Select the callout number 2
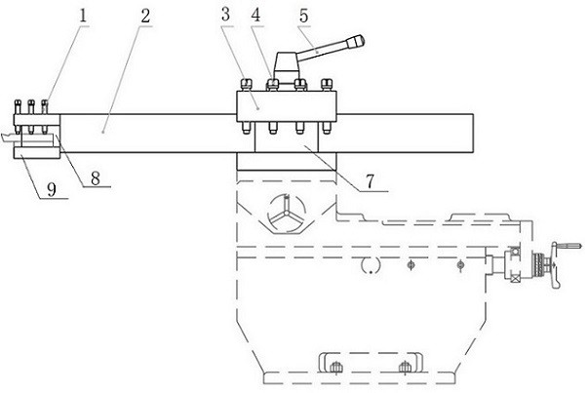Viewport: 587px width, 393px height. pyautogui.click(x=146, y=17)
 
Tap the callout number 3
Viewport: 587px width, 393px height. pyautogui.click(x=224, y=17)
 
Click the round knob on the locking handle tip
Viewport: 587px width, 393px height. pyautogui.click(x=360, y=41)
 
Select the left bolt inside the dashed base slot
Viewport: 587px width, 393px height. pyautogui.click(x=334, y=366)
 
